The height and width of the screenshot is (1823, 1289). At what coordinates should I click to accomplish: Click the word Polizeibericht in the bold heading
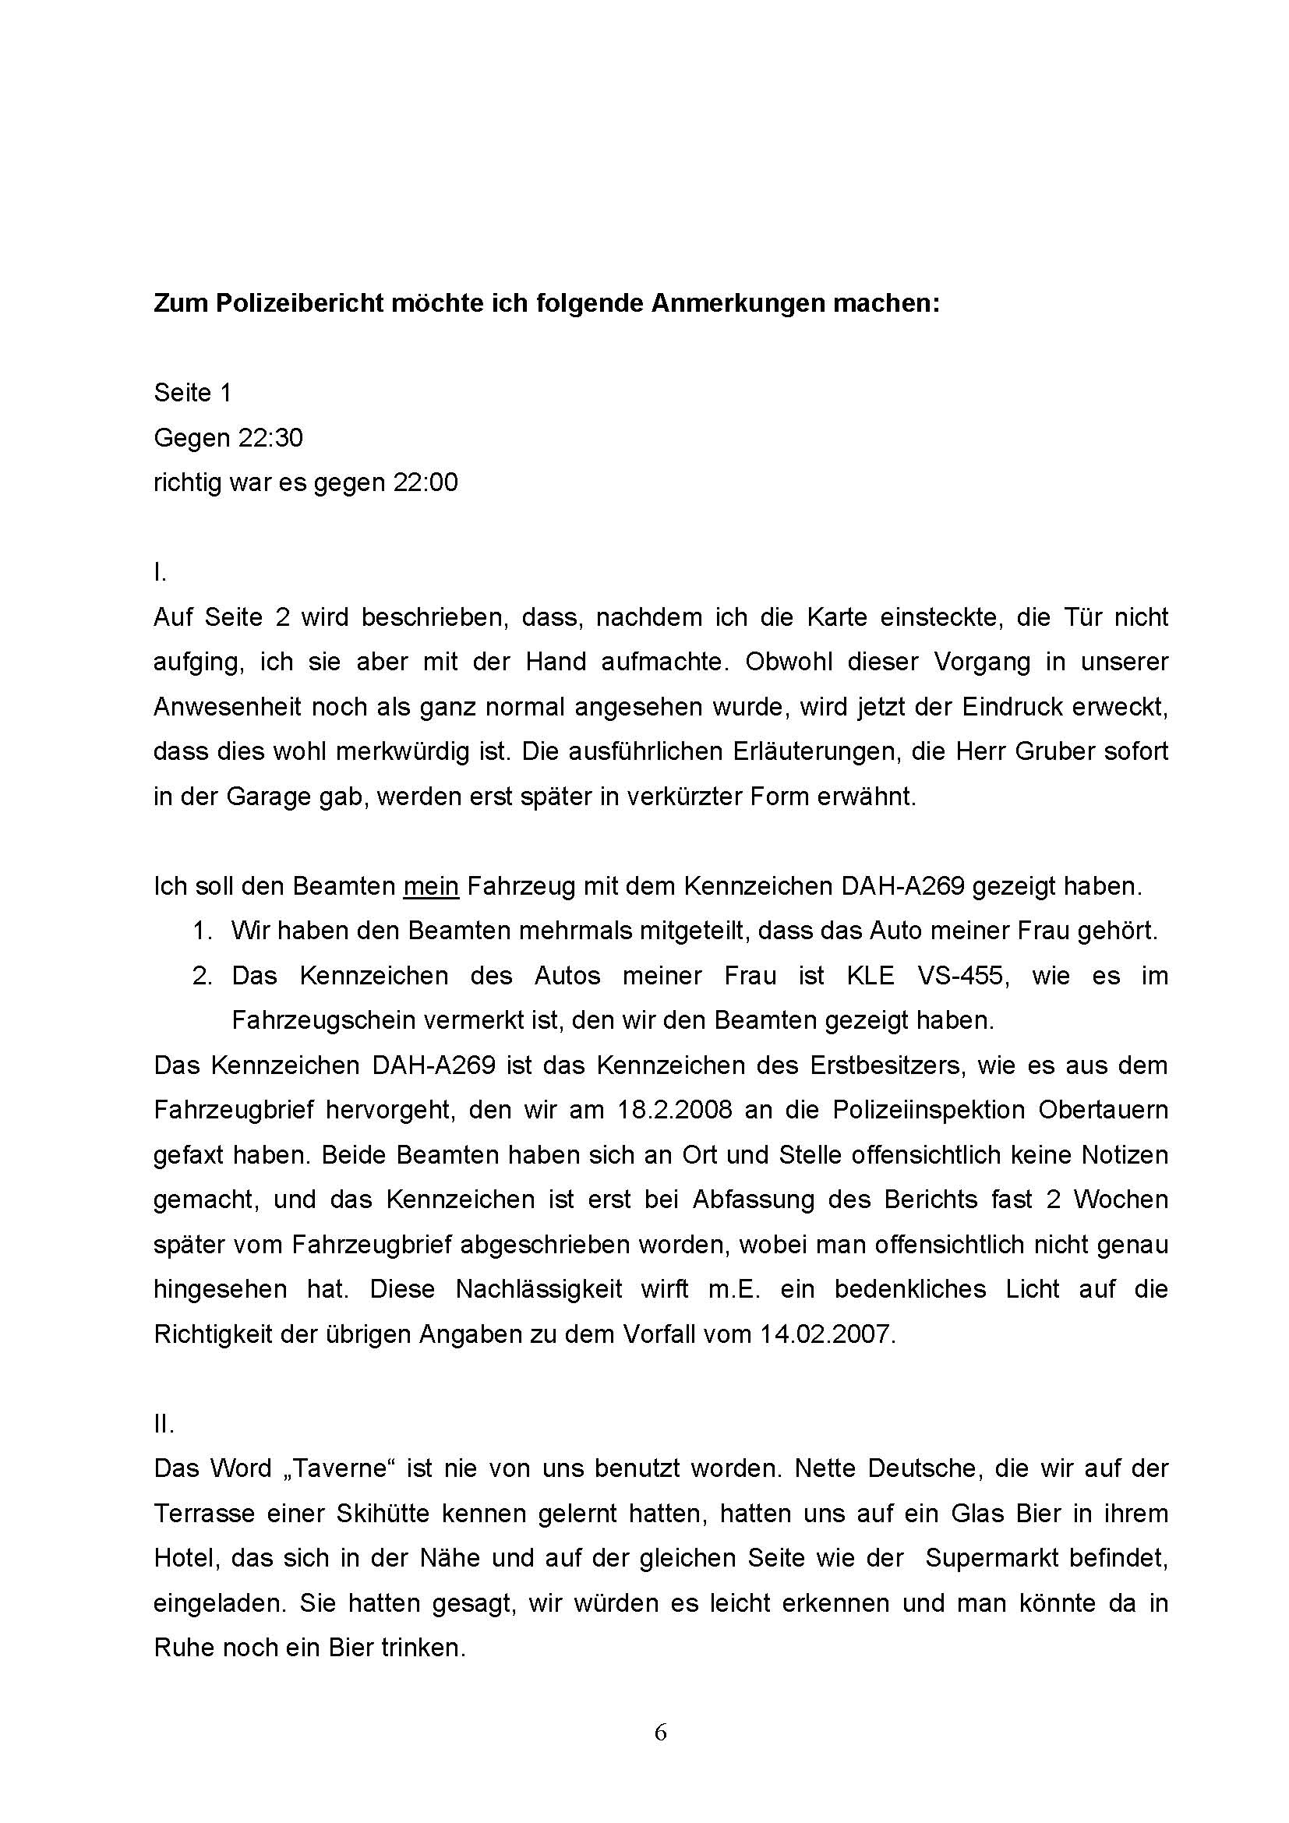pos(295,303)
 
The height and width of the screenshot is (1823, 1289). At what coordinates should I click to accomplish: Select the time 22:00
pos(426,482)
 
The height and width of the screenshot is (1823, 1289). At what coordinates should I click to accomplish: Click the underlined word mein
pos(431,887)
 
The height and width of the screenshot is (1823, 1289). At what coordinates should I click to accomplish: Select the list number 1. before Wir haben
pos(203,931)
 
